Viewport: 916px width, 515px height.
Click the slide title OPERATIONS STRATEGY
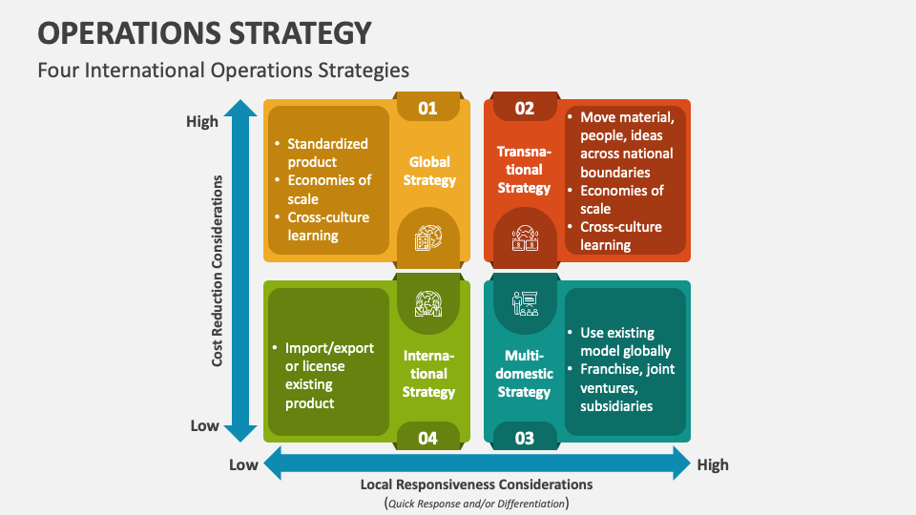pyautogui.click(x=204, y=32)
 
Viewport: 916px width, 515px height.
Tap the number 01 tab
pyautogui.click(x=427, y=108)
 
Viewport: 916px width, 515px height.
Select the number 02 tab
pyautogui.click(x=525, y=108)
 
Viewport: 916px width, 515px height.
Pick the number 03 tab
pyautogui.click(x=525, y=438)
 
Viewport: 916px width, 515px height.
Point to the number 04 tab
pyautogui.click(x=427, y=438)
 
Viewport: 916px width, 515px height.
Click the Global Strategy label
pyautogui.click(x=429, y=171)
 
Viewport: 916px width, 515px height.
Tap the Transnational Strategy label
pyautogui.click(x=524, y=170)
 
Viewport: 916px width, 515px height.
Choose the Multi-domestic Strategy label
pyautogui.click(x=524, y=373)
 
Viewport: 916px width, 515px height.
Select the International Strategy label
pyautogui.click(x=428, y=373)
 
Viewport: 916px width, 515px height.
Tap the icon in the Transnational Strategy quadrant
pyautogui.click(x=525, y=237)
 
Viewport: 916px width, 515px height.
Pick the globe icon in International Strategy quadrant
pyautogui.click(x=427, y=303)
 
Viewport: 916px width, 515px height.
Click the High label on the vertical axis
pyautogui.click(x=202, y=122)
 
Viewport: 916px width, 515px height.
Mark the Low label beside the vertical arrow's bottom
pyautogui.click(x=204, y=425)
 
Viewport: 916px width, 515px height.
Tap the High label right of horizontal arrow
pyautogui.click(x=713, y=464)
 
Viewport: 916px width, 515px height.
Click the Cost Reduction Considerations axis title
pyautogui.click(x=218, y=270)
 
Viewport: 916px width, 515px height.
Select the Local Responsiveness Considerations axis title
pyautogui.click(x=476, y=484)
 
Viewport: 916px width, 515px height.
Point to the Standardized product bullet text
pyautogui.click(x=327, y=153)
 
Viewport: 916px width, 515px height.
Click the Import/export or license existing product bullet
pyautogui.click(x=329, y=375)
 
